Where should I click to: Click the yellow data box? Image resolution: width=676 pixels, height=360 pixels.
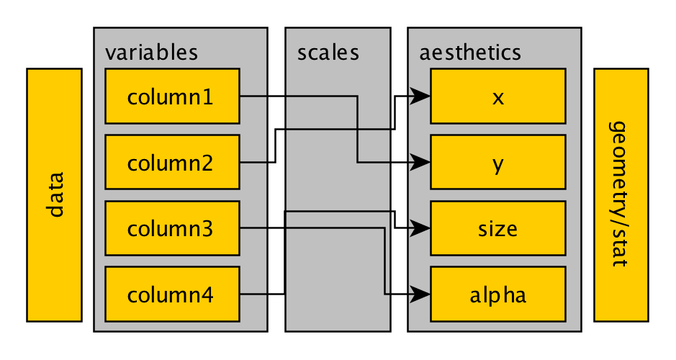click(x=54, y=194)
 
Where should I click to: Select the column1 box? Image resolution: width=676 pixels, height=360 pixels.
click(x=172, y=96)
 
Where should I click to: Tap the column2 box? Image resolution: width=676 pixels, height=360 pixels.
click(x=172, y=162)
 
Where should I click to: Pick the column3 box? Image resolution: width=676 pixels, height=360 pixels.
click(x=172, y=228)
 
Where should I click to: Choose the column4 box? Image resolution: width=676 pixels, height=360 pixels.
click(x=172, y=294)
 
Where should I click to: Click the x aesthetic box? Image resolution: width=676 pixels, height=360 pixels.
click(x=497, y=96)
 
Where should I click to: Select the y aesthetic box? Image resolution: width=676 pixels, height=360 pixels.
click(x=497, y=162)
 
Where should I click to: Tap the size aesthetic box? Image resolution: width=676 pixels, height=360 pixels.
click(x=497, y=228)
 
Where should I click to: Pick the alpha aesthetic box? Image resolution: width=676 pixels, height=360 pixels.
click(x=497, y=294)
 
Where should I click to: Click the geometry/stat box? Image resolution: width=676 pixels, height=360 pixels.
click(x=621, y=194)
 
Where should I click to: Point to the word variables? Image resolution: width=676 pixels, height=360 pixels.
click(x=151, y=53)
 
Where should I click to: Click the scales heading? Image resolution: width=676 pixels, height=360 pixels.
click(x=328, y=53)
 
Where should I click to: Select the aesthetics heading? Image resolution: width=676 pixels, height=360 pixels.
click(x=470, y=53)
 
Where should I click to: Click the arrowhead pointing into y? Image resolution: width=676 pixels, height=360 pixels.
click(x=422, y=162)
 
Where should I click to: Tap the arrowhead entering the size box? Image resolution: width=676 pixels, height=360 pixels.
click(x=422, y=228)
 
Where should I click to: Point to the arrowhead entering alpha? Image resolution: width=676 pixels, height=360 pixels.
click(x=422, y=294)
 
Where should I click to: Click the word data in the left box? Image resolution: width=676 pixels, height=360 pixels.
click(x=54, y=194)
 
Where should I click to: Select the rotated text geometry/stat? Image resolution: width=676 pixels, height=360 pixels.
click(x=621, y=194)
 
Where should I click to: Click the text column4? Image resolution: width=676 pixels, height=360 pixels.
click(x=170, y=294)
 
